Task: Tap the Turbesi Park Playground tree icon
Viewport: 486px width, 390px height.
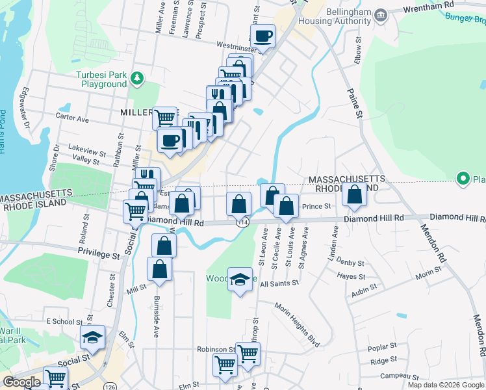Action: tap(136, 79)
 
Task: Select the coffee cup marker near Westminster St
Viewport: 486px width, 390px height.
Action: tap(262, 37)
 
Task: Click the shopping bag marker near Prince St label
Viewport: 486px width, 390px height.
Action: tap(286, 207)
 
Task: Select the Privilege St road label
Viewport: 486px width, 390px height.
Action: tap(99, 253)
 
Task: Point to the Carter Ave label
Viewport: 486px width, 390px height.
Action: tap(72, 119)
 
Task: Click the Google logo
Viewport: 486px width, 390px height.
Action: tap(22, 382)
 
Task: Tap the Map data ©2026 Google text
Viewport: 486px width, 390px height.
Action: tap(446, 385)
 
